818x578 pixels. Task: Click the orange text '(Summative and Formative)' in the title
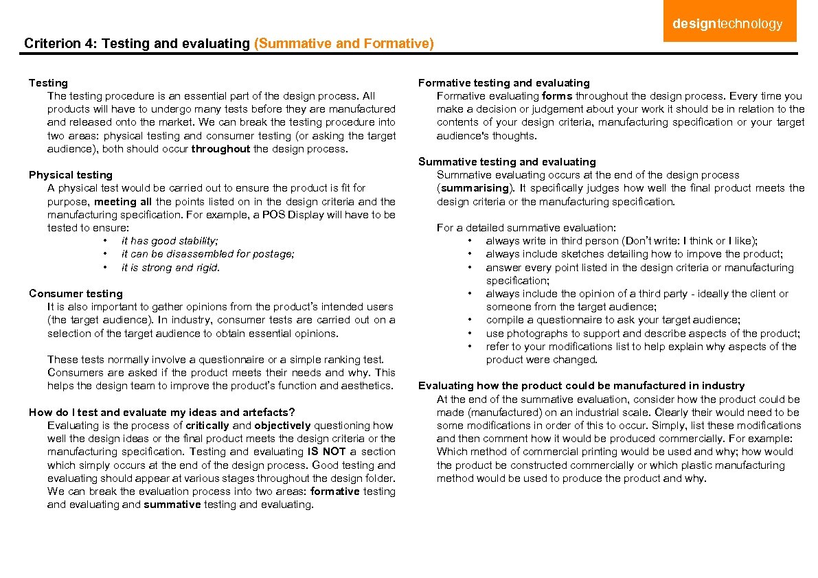coord(344,44)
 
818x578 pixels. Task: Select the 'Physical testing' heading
coord(71,175)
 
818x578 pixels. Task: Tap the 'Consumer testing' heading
coord(76,294)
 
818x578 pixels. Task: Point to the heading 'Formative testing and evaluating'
coord(504,83)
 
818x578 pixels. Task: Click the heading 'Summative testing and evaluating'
coord(507,162)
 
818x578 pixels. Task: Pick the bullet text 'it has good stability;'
coord(170,241)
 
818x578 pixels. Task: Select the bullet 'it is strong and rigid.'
coord(170,268)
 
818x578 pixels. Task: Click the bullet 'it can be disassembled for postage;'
coord(207,254)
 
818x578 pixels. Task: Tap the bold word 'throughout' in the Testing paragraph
coord(220,149)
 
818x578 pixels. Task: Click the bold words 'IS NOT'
coord(325,452)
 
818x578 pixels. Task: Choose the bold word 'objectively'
coord(282,426)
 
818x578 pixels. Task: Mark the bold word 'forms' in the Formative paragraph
coord(557,96)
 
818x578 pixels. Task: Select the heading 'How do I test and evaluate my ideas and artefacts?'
coord(162,413)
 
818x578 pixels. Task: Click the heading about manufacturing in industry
coord(581,386)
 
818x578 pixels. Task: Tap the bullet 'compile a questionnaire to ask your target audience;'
coord(613,320)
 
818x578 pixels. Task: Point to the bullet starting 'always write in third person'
coord(622,241)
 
